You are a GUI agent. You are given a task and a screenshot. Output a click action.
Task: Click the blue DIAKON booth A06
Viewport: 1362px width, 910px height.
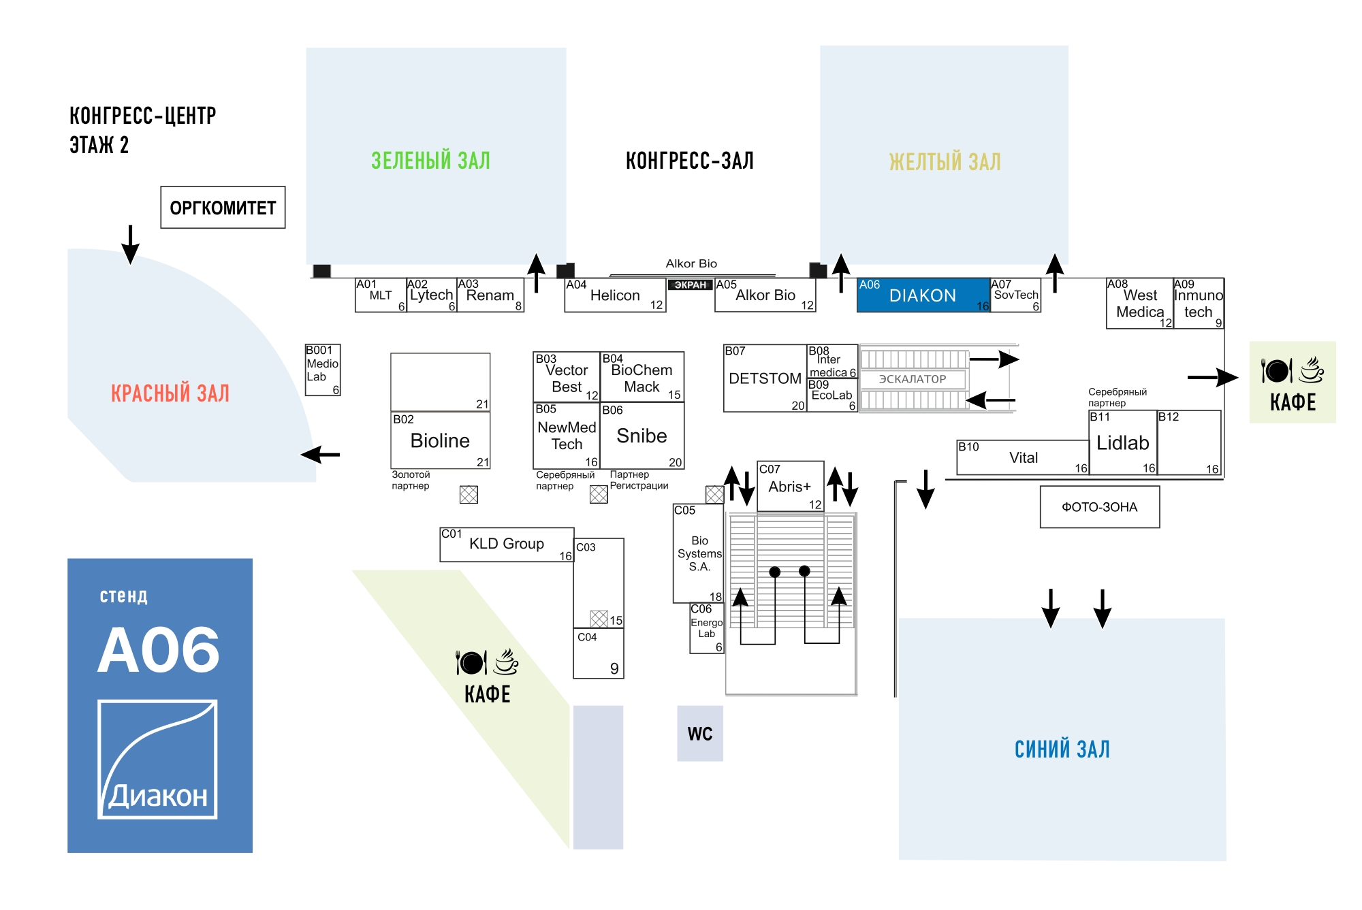pyautogui.click(x=923, y=295)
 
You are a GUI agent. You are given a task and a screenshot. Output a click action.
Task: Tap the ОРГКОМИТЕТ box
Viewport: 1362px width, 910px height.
pyautogui.click(x=223, y=208)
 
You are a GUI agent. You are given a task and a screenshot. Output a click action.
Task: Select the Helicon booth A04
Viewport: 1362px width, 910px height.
pyautogui.click(x=615, y=295)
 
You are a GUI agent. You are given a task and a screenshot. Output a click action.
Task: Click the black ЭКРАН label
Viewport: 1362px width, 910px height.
pyautogui.click(x=690, y=285)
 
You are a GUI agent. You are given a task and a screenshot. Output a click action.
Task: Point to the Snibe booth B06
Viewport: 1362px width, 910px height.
pyautogui.click(x=642, y=436)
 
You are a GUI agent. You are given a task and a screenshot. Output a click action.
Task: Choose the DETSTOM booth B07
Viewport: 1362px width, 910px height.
pyautogui.click(x=765, y=378)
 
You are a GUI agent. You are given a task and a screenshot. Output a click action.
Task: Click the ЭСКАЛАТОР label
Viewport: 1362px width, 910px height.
pyautogui.click(x=913, y=379)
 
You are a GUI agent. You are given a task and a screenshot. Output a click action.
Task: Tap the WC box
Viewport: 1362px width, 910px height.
pyautogui.click(x=699, y=734)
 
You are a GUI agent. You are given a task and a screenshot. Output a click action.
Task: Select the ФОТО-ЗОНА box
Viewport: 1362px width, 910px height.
pyautogui.click(x=1099, y=507)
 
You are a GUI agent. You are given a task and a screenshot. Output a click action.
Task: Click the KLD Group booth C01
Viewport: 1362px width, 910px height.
pyautogui.click(x=507, y=545)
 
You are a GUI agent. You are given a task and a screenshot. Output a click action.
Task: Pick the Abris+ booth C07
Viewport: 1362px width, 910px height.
pyautogui.click(x=790, y=487)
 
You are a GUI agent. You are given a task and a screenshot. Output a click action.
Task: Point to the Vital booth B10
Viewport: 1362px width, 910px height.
pyautogui.click(x=1023, y=458)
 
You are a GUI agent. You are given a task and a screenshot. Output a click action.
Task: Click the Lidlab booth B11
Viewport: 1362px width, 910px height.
pyautogui.click(x=1122, y=443)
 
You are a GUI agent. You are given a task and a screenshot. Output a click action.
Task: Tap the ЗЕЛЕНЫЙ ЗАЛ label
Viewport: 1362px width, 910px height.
pyautogui.click(x=430, y=161)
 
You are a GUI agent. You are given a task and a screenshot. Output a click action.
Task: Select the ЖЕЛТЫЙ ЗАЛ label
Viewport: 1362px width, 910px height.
pyautogui.click(x=945, y=162)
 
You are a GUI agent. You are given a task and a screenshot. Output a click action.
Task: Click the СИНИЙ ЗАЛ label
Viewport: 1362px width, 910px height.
pyautogui.click(x=1062, y=749)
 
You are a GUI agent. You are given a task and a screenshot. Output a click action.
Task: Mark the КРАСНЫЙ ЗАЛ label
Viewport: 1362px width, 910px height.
pyautogui.click(x=170, y=393)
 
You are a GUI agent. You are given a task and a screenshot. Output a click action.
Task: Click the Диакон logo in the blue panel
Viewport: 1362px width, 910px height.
pyautogui.click(x=158, y=759)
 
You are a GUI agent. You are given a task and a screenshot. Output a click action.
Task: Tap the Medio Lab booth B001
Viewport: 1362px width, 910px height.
pyautogui.click(x=322, y=370)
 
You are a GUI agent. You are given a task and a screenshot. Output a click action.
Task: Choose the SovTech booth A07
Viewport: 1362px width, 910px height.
pyautogui.click(x=1015, y=295)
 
